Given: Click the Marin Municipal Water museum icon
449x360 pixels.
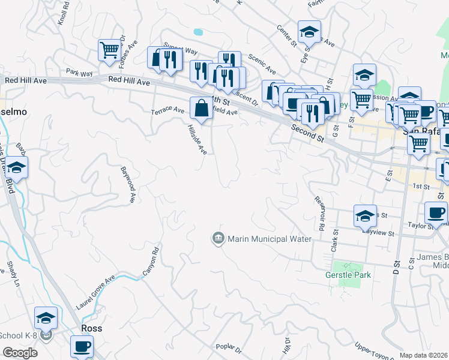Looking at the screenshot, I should (x=218, y=239).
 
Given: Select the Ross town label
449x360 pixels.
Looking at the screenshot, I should (x=91, y=328).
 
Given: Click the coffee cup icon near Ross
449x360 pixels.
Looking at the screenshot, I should (x=82, y=346).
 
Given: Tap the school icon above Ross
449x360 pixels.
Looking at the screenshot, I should (x=46, y=317).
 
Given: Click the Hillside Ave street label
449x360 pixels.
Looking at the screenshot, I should (x=197, y=140).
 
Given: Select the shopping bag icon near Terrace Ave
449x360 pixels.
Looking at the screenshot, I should (x=200, y=109).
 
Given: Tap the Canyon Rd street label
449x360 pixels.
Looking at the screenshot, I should (x=151, y=262).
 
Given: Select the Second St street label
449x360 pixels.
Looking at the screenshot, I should (x=309, y=133).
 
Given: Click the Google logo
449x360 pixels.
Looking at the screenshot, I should (x=20, y=353).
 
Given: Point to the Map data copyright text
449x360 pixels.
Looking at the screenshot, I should (x=424, y=355).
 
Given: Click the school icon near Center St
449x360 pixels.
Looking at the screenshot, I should (x=309, y=31).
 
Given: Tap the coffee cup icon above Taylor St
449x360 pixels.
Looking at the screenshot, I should (x=436, y=212).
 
